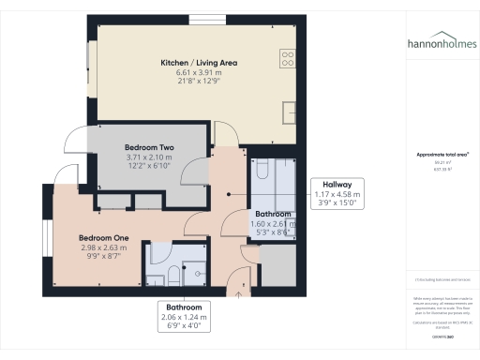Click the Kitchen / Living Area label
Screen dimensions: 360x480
[x=199, y=63]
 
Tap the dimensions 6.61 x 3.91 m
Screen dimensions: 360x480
[x=199, y=73]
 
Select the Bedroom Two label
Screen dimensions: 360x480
[x=150, y=147]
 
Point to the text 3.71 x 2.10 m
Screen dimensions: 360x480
[x=150, y=157]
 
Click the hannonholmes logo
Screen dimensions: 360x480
[x=441, y=42]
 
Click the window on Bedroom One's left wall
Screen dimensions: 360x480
[x=42, y=238]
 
